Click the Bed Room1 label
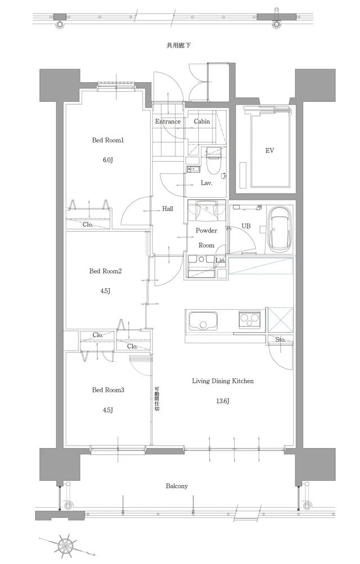[x=107, y=140]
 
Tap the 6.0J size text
[x=107, y=160]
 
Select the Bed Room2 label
[x=105, y=271]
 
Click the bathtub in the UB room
[x=280, y=230]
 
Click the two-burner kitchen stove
[x=249, y=320]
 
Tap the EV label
[x=269, y=151]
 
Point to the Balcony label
[x=177, y=486]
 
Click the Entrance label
[x=168, y=122]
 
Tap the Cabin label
[x=202, y=122]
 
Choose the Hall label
[x=168, y=209]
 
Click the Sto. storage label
[x=280, y=339]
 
